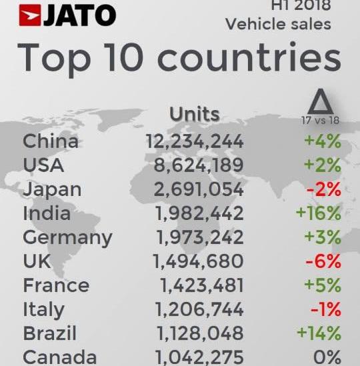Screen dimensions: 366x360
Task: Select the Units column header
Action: (194, 114)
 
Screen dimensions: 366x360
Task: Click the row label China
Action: (51, 141)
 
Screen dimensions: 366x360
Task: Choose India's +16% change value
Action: (319, 213)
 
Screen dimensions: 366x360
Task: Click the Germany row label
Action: (67, 237)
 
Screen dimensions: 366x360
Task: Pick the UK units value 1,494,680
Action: (198, 261)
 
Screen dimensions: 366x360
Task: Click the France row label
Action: (57, 285)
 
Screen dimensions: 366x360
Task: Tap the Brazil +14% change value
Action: (319, 333)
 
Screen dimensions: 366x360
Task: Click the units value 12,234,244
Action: (194, 141)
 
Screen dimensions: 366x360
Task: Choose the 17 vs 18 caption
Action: (321, 120)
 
